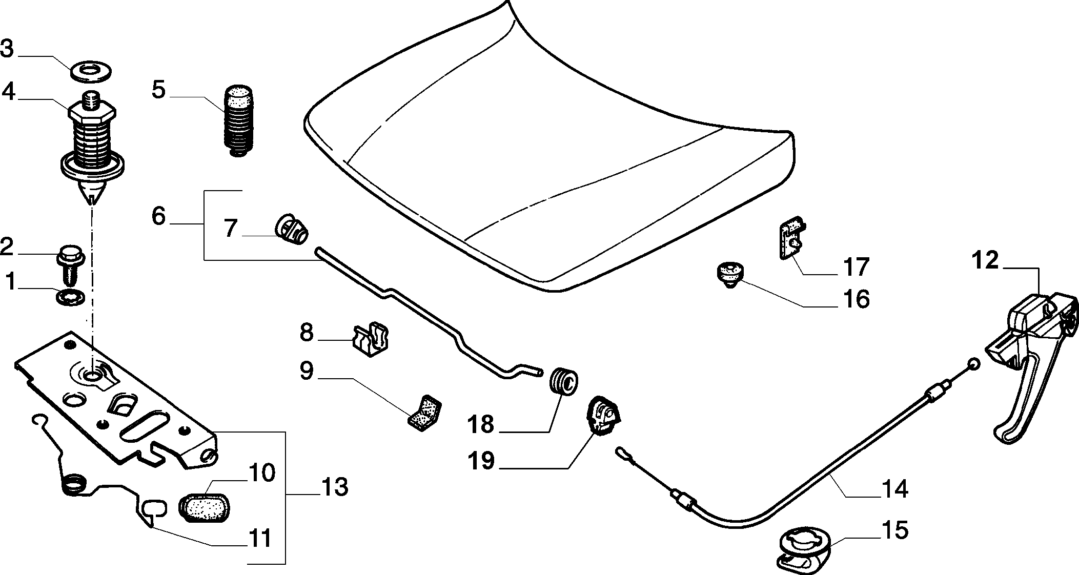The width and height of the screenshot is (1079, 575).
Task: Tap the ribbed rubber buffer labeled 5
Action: click(239, 121)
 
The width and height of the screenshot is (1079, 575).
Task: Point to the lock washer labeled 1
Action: click(69, 297)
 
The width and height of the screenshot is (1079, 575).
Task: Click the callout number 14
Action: click(895, 489)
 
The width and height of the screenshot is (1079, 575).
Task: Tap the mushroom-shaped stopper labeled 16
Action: click(728, 275)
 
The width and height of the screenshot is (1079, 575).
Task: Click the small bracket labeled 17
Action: click(791, 238)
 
